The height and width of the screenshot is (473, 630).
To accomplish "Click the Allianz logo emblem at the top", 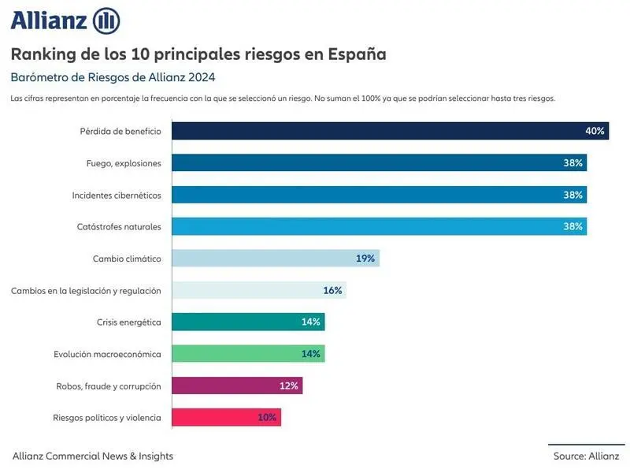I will click(x=106, y=20).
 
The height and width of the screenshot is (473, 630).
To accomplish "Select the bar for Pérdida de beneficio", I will click(x=390, y=131).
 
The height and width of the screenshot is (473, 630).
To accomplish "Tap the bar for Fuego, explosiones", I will click(x=379, y=163).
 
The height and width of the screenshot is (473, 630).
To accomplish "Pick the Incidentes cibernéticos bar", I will click(x=379, y=195).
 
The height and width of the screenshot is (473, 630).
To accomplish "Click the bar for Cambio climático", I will click(x=276, y=259).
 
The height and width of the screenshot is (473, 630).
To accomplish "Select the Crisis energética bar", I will click(x=248, y=322).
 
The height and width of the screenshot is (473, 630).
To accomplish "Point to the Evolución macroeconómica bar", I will click(x=248, y=354).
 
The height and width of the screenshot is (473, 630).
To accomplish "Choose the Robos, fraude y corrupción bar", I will click(x=237, y=385).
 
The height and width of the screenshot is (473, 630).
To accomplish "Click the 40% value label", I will click(x=595, y=131).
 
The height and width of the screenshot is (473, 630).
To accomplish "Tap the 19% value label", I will click(x=365, y=259).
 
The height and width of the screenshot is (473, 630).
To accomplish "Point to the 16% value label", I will click(x=332, y=290).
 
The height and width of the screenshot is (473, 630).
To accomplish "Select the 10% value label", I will click(x=267, y=417).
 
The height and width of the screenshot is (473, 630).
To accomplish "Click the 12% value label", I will click(x=289, y=385).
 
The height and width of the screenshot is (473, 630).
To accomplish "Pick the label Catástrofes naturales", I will click(x=120, y=227).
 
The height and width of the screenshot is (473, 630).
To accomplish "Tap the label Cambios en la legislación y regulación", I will click(x=86, y=291).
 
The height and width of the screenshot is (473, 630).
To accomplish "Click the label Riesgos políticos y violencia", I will click(x=107, y=418).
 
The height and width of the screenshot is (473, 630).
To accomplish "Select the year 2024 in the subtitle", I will click(x=202, y=77).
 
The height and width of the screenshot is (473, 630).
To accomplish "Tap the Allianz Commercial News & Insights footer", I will click(x=93, y=456).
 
